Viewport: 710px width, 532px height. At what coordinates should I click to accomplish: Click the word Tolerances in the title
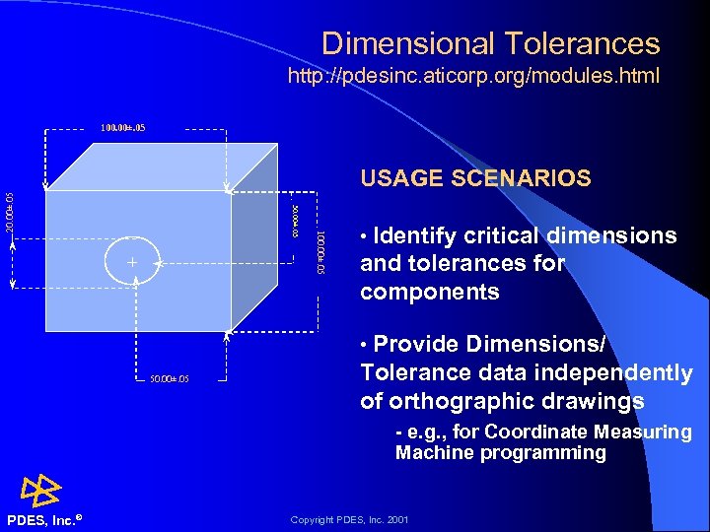pos(590,43)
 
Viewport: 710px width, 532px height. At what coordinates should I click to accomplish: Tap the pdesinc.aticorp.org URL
pos(473,75)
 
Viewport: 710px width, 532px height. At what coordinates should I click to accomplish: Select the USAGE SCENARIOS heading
pos(475,178)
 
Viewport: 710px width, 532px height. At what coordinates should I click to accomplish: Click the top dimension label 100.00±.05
pos(123,128)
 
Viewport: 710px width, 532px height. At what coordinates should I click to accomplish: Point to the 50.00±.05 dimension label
pos(170,379)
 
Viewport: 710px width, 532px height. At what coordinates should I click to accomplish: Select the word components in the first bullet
pos(430,293)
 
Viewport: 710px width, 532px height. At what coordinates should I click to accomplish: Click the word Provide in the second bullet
pos(419,344)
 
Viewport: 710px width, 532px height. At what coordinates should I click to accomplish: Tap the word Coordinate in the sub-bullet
pos(534,432)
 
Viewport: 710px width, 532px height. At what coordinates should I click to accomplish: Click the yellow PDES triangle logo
pos(42,489)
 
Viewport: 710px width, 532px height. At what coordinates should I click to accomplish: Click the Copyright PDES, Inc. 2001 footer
pos(349,519)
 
